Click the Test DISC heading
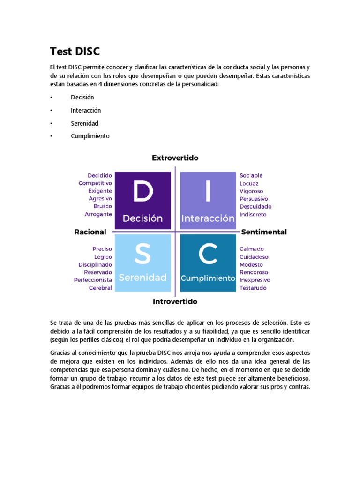click(75, 51)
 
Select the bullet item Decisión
click(82, 97)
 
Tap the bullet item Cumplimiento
click(90, 136)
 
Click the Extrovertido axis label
click(175, 158)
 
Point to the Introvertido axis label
click(175, 301)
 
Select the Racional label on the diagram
click(90, 232)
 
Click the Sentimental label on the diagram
click(263, 232)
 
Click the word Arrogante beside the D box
click(98, 214)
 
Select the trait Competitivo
click(95, 183)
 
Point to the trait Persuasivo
click(254, 199)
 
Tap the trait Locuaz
click(249, 183)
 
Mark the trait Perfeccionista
click(93, 280)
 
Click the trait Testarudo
click(253, 288)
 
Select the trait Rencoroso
click(254, 272)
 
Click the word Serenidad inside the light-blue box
click(142, 277)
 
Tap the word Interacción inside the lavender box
click(208, 218)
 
